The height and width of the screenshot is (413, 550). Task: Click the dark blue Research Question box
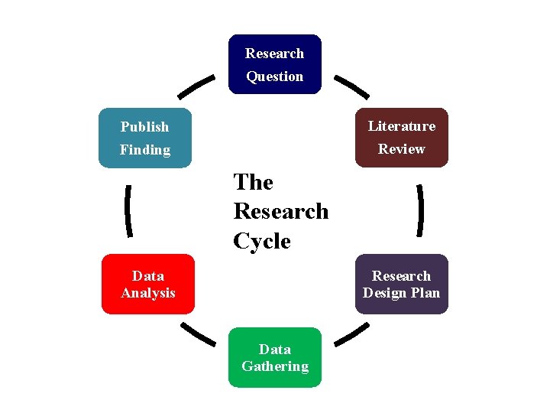click(x=275, y=64)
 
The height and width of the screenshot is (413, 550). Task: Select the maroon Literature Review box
click(x=402, y=138)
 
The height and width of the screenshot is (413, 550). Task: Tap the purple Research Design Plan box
click(x=402, y=284)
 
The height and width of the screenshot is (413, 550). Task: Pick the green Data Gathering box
click(x=275, y=357)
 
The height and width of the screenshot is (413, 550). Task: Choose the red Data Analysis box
click(x=148, y=284)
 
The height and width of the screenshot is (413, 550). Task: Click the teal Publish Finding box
click(x=145, y=138)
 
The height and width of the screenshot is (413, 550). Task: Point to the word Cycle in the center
click(x=262, y=241)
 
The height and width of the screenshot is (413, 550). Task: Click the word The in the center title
click(x=253, y=182)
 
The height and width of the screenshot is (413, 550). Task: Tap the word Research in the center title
click(x=281, y=211)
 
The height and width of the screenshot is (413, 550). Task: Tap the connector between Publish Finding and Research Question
click(x=196, y=86)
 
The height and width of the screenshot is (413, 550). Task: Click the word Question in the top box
click(x=275, y=76)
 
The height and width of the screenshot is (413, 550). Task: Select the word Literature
click(x=402, y=126)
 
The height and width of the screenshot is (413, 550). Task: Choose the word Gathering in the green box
click(x=275, y=366)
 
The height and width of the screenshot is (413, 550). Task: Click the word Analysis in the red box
click(x=148, y=293)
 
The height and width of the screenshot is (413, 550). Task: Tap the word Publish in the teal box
click(x=144, y=127)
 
